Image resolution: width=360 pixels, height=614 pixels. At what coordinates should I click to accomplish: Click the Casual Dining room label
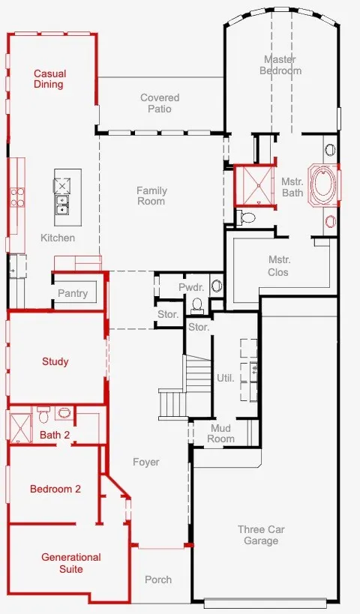click(x=49, y=79)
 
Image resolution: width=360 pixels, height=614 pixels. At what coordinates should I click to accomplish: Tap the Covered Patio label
click(x=160, y=103)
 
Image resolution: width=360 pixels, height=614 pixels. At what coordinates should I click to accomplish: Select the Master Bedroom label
click(x=280, y=65)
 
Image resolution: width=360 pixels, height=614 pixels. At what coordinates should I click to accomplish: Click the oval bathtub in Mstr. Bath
click(x=322, y=185)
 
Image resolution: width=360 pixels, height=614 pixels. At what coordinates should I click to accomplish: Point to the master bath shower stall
click(x=255, y=186)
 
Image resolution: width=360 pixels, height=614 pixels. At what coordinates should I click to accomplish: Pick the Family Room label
click(x=151, y=196)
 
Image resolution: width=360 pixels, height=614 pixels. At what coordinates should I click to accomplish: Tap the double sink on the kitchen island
click(x=62, y=205)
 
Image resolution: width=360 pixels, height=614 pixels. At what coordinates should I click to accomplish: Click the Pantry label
click(x=73, y=293)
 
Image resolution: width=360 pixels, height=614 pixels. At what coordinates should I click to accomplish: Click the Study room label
click(x=55, y=361)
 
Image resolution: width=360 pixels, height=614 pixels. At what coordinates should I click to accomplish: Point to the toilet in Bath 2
click(x=43, y=415)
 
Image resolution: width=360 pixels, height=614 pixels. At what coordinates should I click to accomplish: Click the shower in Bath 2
click(x=20, y=427)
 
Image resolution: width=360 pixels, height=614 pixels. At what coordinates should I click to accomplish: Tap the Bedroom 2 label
click(x=55, y=489)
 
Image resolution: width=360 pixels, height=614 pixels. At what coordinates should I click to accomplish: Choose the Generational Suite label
click(x=71, y=563)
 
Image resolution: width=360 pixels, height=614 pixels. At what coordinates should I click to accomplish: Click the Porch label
click(x=158, y=580)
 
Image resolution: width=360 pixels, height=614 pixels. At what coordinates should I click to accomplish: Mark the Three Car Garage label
click(x=261, y=535)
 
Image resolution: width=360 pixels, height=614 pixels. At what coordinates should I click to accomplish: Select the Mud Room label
click(x=221, y=433)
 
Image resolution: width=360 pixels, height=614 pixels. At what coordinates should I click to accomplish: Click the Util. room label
click(x=226, y=378)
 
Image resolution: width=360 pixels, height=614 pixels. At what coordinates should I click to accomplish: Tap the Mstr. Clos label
click(x=278, y=266)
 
